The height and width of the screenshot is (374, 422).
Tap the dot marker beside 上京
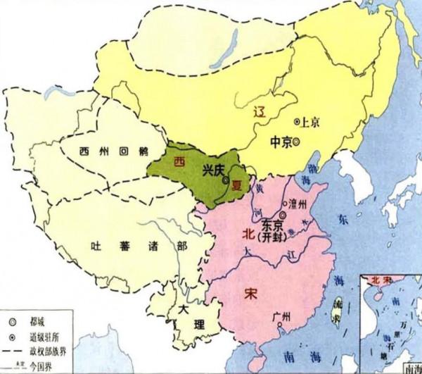298,122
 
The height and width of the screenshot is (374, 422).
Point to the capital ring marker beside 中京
297,142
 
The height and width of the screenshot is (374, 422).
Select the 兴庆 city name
213,170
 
